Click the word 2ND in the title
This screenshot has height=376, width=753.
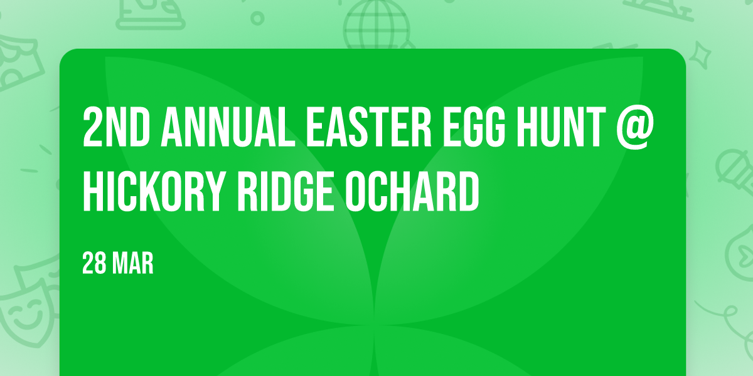tap(116, 127)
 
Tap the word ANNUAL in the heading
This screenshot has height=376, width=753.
tap(228, 127)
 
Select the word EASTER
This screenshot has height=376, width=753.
tap(369, 127)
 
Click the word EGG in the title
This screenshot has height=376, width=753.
tap(474, 127)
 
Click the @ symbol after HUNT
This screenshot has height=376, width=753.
tap(635, 128)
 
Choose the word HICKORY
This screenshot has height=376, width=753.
tap(154, 191)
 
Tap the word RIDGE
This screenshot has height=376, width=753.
tap(286, 191)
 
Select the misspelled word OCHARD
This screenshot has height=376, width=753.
tap(412, 191)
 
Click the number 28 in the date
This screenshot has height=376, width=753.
tap(94, 263)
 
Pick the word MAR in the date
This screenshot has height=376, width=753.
tap(133, 263)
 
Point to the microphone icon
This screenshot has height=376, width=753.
tap(735, 171)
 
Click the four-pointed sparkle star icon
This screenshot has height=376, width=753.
tap(700, 55)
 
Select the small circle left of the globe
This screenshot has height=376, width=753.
tap(257, 18)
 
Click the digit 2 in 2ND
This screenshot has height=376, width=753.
tap(93, 127)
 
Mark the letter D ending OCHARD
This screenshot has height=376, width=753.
tap(469, 191)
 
